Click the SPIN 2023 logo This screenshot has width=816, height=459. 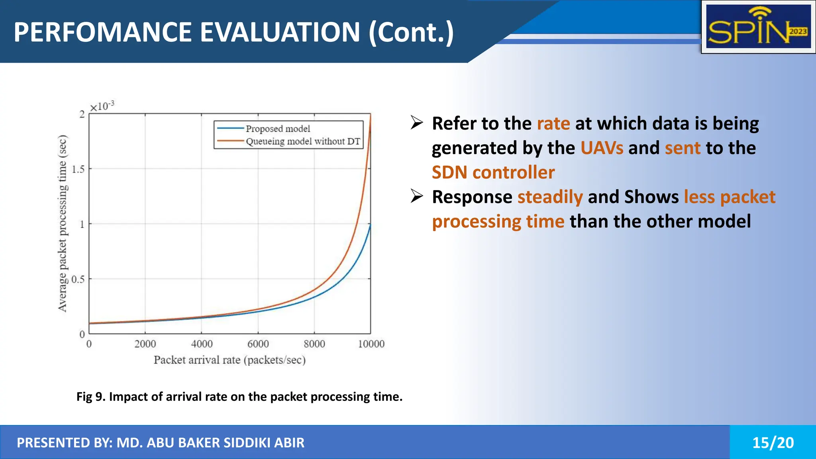(758, 27)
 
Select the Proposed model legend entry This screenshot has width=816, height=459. (278, 129)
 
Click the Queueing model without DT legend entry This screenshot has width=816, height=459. (302, 141)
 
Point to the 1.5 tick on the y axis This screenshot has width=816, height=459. (78, 169)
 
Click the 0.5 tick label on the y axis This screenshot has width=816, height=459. (78, 279)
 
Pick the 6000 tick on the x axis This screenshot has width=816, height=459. (258, 344)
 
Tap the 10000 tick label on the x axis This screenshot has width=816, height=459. (371, 344)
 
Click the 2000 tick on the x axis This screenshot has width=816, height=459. (145, 344)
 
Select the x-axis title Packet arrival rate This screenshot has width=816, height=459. (229, 360)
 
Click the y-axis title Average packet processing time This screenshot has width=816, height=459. (63, 224)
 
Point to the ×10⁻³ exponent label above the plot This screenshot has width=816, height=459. (102, 106)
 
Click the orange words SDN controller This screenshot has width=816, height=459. (493, 173)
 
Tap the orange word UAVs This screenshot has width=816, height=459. (602, 148)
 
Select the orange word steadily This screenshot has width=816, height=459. (550, 197)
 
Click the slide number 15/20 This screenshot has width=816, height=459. (773, 443)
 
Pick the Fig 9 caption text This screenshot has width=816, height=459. (239, 397)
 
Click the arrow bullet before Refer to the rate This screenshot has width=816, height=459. (417, 123)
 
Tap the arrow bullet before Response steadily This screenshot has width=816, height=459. (417, 196)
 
